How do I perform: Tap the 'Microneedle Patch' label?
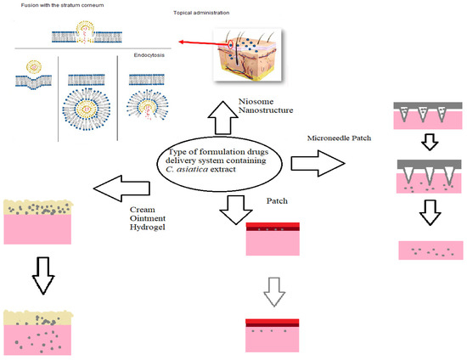(x=335, y=137)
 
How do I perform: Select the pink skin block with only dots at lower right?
(x=430, y=250)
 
